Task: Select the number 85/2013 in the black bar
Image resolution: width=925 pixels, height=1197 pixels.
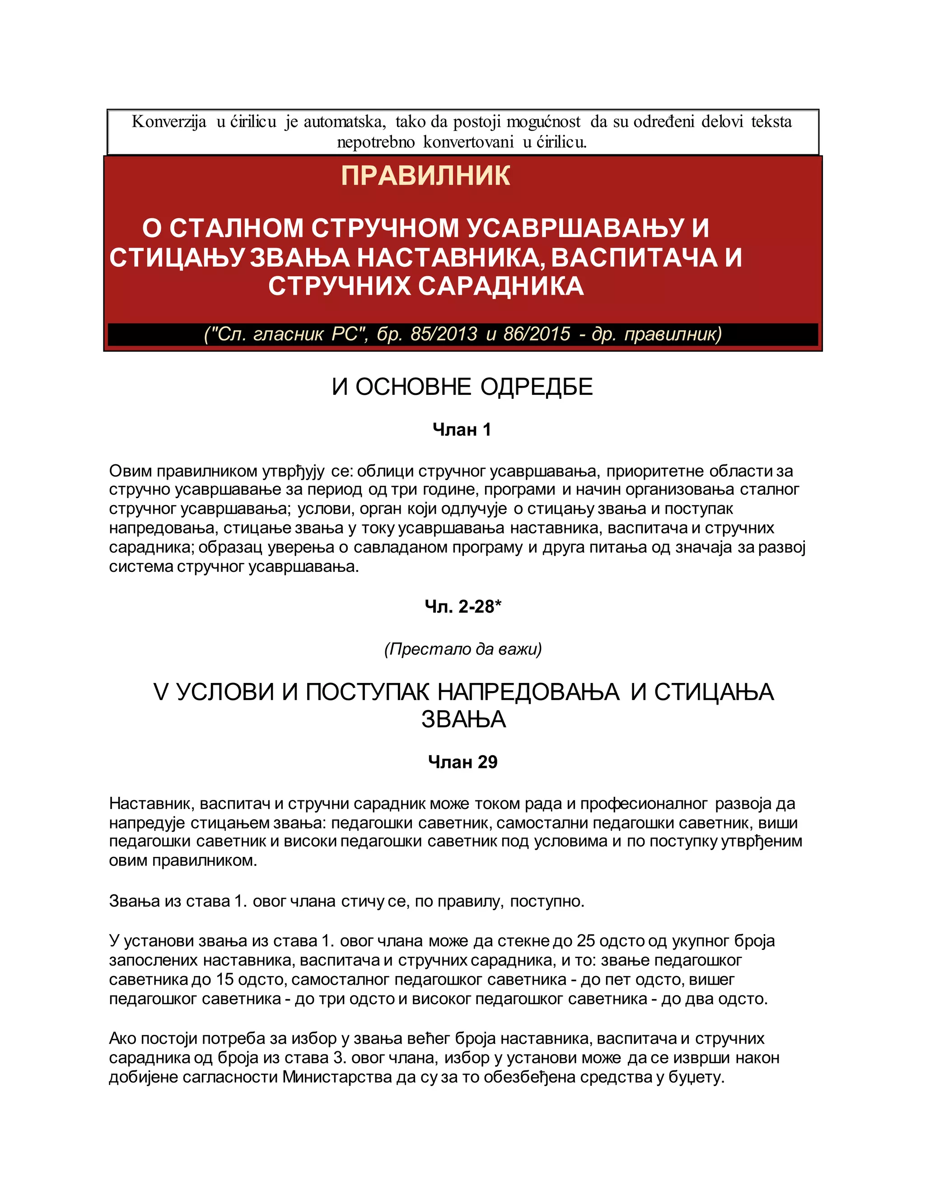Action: coord(444,334)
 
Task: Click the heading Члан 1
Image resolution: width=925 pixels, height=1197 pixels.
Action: coord(462,430)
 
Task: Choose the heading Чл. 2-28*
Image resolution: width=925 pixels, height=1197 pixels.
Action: coord(462,607)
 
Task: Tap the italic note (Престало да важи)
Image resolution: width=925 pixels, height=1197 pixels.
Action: coord(462,649)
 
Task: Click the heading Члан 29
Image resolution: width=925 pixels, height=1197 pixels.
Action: coord(462,762)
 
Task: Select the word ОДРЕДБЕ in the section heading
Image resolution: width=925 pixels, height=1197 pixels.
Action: coord(537,387)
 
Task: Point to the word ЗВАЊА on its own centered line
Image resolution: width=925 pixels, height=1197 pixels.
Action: coord(463,720)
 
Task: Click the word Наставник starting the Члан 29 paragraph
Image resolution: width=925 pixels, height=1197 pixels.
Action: coord(151,804)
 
